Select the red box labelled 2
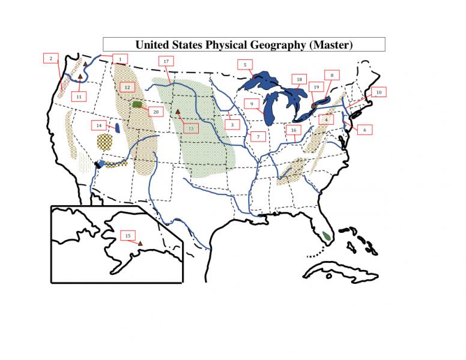pyautogui.click(x=51, y=58)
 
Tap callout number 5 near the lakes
pyautogui.click(x=245, y=64)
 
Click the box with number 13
pyautogui.click(x=190, y=128)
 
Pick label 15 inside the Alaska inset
pyautogui.click(x=127, y=236)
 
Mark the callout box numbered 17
pyautogui.click(x=166, y=61)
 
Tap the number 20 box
pyautogui.click(x=155, y=112)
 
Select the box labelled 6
pyautogui.click(x=364, y=129)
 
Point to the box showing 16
pyautogui.click(x=293, y=130)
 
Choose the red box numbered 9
pyautogui.click(x=253, y=103)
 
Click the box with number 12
pyautogui.click(x=127, y=87)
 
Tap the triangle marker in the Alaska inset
pyautogui.click(x=141, y=243)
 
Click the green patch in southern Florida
pyautogui.click(x=326, y=235)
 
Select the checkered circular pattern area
pyautogui.click(x=104, y=142)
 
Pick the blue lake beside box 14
pyautogui.click(x=118, y=127)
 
